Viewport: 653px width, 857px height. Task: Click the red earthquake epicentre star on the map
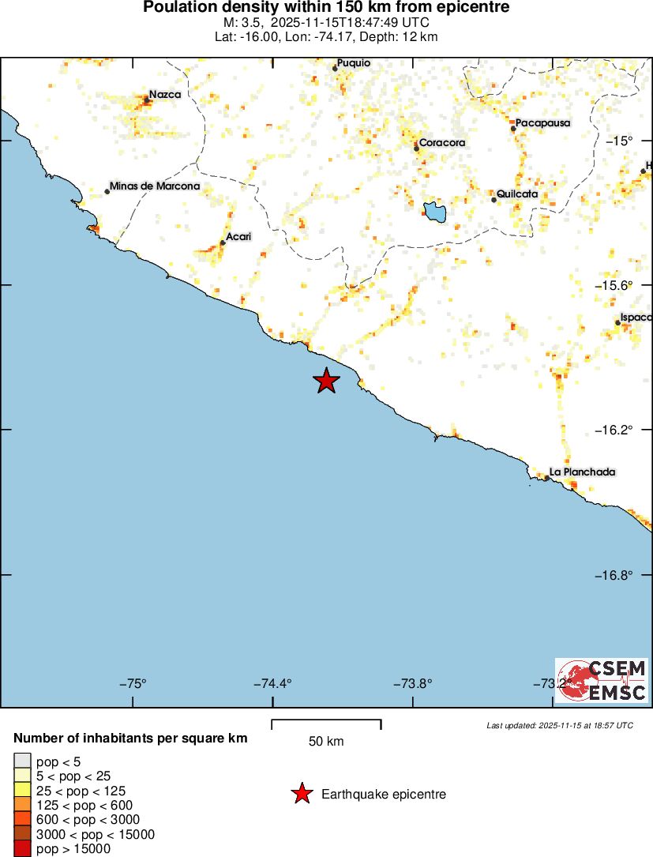tap(326, 381)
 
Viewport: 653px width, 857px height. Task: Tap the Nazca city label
tap(165, 95)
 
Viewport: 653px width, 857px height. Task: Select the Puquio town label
tap(353, 63)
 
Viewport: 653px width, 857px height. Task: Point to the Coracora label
tap(441, 143)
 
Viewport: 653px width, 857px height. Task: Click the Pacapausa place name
tap(542, 123)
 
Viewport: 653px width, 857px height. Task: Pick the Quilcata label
tap(517, 194)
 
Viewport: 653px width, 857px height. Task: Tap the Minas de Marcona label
tap(155, 186)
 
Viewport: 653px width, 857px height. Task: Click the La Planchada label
tap(582, 472)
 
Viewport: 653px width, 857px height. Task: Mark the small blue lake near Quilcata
tap(434, 212)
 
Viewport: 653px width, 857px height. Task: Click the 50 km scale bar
tap(326, 724)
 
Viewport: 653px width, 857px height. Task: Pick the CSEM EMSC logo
tap(602, 681)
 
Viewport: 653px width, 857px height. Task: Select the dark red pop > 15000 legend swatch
tap(22, 849)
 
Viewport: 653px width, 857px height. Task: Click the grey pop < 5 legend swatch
tap(22, 761)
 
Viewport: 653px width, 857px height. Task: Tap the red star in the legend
tap(302, 794)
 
